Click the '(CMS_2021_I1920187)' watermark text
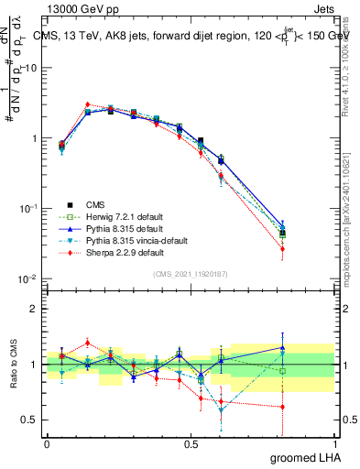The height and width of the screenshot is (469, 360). (x=191, y=274)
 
